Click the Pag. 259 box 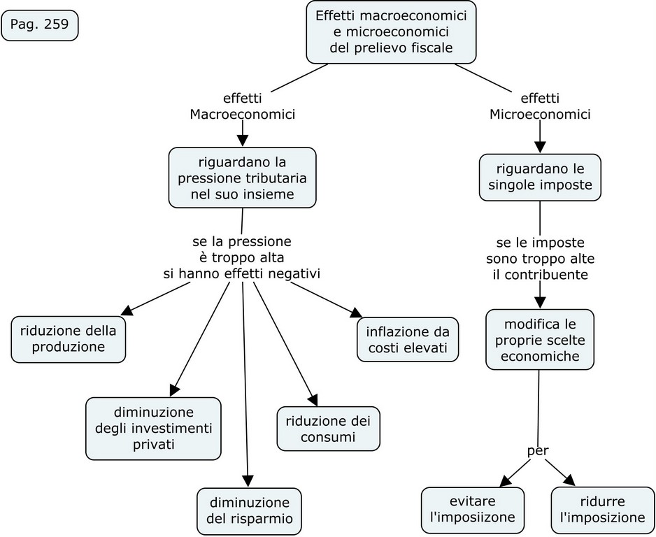click(40, 26)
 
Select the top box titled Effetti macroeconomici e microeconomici click(391, 32)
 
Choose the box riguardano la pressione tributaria click(242, 178)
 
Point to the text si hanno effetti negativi click(241, 274)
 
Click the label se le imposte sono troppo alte click(539, 259)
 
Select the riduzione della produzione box click(68, 339)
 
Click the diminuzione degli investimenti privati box click(153, 428)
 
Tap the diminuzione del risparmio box click(249, 511)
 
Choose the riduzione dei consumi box click(328, 429)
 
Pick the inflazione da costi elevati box click(408, 340)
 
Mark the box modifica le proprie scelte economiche click(539, 339)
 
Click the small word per click(537, 451)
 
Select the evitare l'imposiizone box click(472, 510)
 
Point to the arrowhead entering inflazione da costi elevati click(357, 314)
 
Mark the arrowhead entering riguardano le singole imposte click(539, 148)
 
